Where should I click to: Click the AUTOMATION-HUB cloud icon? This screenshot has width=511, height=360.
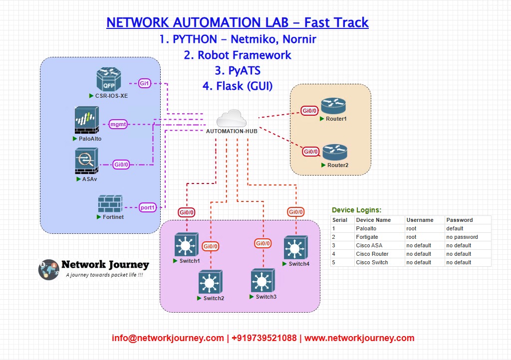[232, 118]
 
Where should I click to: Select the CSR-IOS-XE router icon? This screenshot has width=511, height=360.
[109, 80]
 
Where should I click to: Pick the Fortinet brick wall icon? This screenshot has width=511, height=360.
[110, 203]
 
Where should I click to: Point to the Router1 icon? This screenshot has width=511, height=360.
[333, 106]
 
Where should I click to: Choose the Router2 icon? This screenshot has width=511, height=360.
[334, 152]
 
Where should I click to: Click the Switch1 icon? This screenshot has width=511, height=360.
[187, 245]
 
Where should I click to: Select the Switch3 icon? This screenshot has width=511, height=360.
[263, 281]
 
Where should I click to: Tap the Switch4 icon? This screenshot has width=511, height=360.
[295, 248]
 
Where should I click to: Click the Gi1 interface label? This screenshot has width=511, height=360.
[145, 84]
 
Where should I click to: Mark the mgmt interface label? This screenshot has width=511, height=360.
[118, 125]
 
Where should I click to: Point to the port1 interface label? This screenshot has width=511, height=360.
[148, 207]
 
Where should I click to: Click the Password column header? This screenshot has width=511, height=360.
[459, 220]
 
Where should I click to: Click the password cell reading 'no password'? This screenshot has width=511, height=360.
[462, 237]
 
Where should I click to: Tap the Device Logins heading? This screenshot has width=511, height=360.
[356, 210]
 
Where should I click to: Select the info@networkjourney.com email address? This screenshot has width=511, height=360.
[168, 338]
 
